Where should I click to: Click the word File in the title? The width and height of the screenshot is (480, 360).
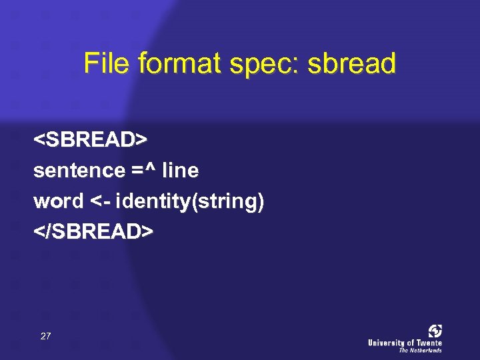(x=106, y=64)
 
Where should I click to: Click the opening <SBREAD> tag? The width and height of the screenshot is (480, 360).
(x=90, y=140)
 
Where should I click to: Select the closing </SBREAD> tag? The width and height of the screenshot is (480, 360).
(x=93, y=231)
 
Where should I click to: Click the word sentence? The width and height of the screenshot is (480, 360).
(x=79, y=171)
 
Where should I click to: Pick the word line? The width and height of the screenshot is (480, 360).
(x=180, y=171)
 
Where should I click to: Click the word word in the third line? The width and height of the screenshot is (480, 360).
(x=58, y=201)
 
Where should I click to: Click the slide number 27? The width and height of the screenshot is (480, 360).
(x=45, y=336)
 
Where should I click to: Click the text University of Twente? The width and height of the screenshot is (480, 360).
(x=405, y=343)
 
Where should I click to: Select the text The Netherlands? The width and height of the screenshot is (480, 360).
(x=420, y=350)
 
